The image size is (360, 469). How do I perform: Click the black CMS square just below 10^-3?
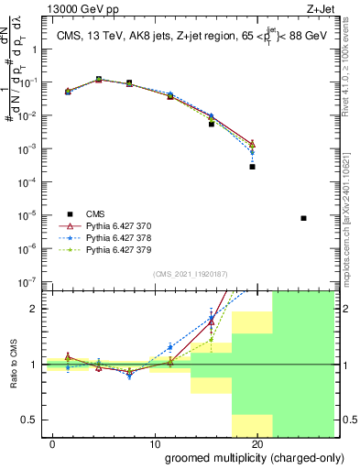[x=252, y=167]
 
